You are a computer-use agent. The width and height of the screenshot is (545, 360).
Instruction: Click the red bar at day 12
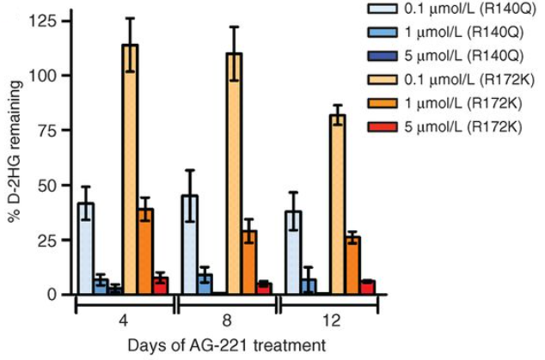point(367,287)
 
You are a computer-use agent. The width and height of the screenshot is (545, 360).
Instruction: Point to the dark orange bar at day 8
point(248,262)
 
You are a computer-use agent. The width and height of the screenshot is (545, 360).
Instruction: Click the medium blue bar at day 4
point(101,287)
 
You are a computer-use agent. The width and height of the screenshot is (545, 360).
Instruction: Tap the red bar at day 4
point(160,285)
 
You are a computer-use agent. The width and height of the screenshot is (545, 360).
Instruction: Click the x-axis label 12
point(331,320)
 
